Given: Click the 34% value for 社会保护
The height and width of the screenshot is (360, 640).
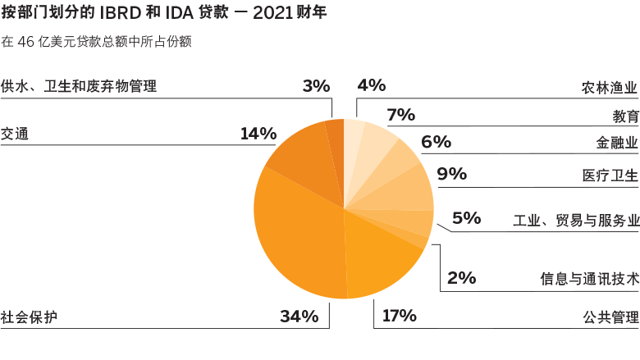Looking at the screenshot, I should pos(299,317).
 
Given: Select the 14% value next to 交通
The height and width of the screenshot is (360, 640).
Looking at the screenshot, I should pos(258,133).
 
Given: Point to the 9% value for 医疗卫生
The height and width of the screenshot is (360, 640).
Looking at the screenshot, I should pos(451,174).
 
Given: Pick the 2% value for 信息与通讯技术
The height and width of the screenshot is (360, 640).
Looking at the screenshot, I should pos(462,277).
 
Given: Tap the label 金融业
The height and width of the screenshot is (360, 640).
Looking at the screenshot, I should pos(617,144).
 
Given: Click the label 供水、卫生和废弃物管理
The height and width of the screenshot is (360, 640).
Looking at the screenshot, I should pos(79,86).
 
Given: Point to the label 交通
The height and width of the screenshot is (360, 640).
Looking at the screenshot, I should pos(15,133).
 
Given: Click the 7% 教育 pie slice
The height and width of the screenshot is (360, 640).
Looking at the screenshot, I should pos(374,144).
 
